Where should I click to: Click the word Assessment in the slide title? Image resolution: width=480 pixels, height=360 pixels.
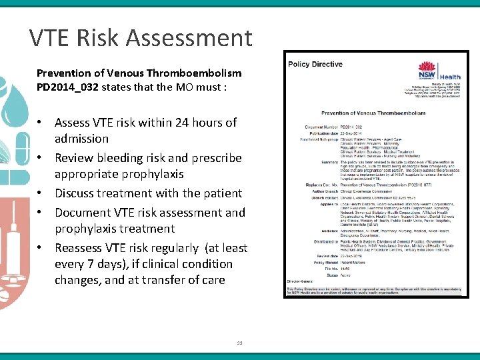[195, 38]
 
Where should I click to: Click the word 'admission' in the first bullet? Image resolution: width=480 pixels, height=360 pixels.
[81, 139]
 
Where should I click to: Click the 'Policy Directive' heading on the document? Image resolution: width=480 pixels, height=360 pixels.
[315, 64]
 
